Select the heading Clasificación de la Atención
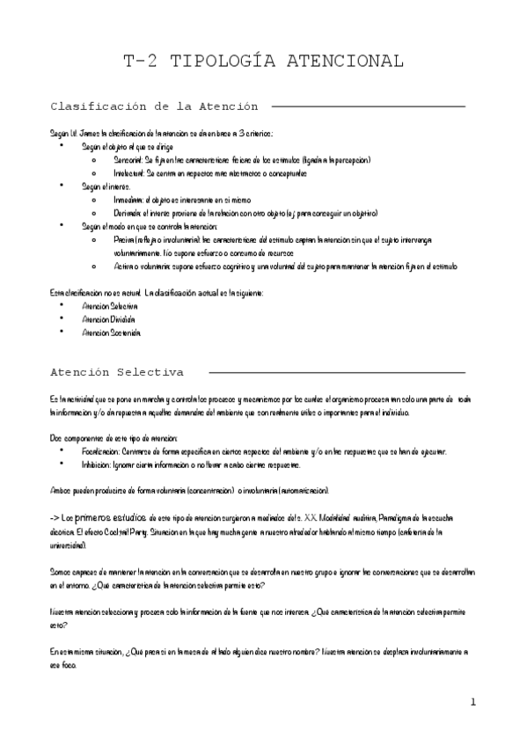click(x=154, y=106)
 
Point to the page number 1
click(x=472, y=701)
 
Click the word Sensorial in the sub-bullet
click(x=129, y=160)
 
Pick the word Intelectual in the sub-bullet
click(x=131, y=173)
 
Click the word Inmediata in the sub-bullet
click(x=130, y=200)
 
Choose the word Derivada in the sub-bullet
click(x=129, y=213)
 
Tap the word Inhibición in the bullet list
click(x=99, y=464)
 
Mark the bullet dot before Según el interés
click(x=61, y=186)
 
